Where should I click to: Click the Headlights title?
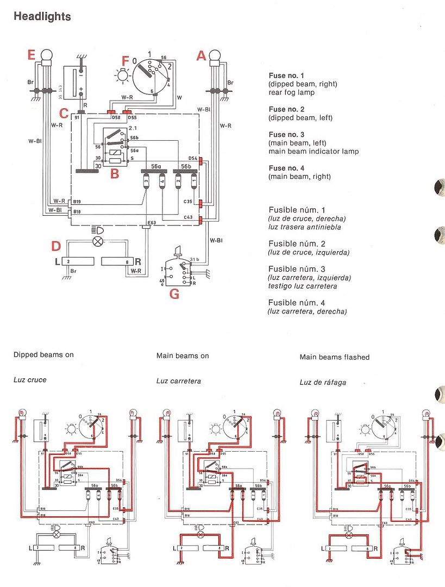pyautogui.click(x=42, y=16)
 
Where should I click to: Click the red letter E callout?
pyautogui.click(x=32, y=55)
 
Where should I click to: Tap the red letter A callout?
pyautogui.click(x=202, y=55)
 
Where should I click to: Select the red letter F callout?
pyautogui.click(x=126, y=61)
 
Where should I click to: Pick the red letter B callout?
pyautogui.click(x=114, y=174)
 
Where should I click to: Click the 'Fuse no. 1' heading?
pyautogui.click(x=287, y=76)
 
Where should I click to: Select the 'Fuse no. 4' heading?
pyautogui.click(x=287, y=168)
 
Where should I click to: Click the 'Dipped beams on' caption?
pyautogui.click(x=43, y=355)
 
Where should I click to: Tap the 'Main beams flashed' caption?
pyautogui.click(x=334, y=357)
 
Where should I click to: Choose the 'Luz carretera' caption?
pyautogui.click(x=178, y=381)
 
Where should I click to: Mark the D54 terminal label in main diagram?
pyautogui.click(x=192, y=158)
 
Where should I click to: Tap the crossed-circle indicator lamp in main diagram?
pyautogui.click(x=98, y=241)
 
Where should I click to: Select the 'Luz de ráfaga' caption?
pyautogui.click(x=323, y=382)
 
